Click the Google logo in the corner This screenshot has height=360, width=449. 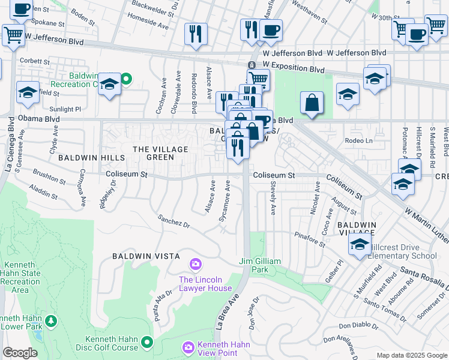point(20,353)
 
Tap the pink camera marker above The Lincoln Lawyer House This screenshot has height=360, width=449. point(195,263)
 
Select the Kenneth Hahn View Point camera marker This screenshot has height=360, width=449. point(188,347)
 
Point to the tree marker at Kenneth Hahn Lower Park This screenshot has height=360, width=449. point(51,321)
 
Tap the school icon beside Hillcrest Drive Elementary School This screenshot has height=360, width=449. point(360,245)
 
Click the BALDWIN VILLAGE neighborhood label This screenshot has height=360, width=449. point(356,229)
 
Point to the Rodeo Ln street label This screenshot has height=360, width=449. point(359,141)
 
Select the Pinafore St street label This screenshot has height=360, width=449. point(309,239)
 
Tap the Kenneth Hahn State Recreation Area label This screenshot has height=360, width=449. point(21,277)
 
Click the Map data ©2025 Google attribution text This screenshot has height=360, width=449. point(411,355)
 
